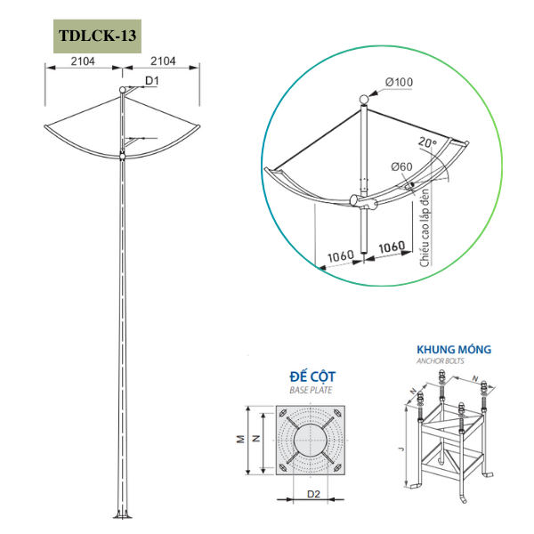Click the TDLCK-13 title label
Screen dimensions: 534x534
coord(97,36)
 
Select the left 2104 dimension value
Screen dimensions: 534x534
coord(83,61)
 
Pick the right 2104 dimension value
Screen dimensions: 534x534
coord(163,61)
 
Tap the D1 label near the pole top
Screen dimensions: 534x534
coord(152,81)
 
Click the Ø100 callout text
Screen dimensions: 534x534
coord(399,82)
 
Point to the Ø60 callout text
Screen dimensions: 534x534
coord(402,166)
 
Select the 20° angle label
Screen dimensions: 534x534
coord(427,142)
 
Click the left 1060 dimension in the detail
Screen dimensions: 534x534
coord(341,255)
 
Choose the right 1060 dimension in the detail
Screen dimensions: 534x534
coord(392,247)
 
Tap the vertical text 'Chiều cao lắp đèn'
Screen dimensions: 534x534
coord(425,228)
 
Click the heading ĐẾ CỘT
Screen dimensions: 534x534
coord(312,376)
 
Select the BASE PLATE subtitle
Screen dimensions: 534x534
coord(311,391)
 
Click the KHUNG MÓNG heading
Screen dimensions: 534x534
coord(454,350)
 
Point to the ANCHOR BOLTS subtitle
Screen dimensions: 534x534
coord(440,361)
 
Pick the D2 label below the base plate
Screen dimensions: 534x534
coord(313,494)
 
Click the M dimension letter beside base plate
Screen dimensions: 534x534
coord(241,440)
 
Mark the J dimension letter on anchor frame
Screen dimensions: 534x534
coord(401,449)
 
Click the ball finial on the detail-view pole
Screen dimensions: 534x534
coord(364,100)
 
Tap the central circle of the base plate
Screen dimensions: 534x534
coord(311,440)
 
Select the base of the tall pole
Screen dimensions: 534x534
coord(122,514)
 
